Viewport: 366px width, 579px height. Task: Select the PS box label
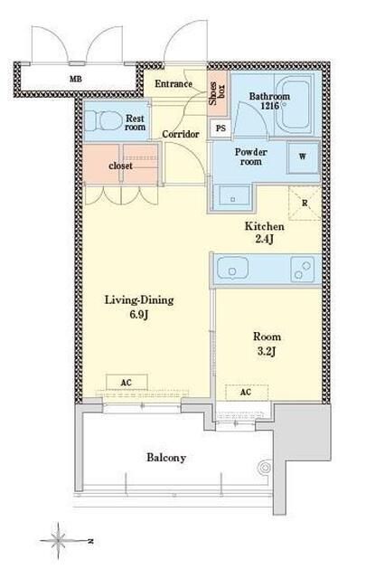(x=221, y=128)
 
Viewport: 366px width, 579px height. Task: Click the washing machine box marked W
(x=303, y=157)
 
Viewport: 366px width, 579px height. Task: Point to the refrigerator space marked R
(x=305, y=203)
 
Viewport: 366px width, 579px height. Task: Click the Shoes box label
(x=217, y=93)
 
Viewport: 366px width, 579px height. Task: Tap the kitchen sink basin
(x=232, y=269)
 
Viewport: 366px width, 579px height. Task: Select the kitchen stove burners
(x=302, y=269)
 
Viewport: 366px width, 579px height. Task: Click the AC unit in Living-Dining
(x=127, y=383)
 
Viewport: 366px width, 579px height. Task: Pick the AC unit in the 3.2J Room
(x=247, y=392)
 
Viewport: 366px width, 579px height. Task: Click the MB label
(x=76, y=79)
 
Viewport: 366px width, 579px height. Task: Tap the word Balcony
(x=166, y=458)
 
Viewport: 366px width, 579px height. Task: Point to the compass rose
(x=59, y=541)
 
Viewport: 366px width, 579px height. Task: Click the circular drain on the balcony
(x=266, y=469)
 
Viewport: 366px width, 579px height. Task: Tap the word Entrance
(x=174, y=84)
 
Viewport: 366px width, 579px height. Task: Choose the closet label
(x=121, y=166)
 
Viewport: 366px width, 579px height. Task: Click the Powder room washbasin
(x=232, y=199)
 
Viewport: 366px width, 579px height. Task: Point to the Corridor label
(x=181, y=134)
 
